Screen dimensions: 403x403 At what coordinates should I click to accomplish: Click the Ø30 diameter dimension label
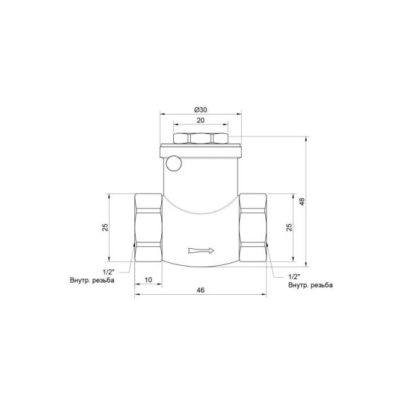pos(200,109)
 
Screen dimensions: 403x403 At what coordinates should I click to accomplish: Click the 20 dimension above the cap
pos(200,121)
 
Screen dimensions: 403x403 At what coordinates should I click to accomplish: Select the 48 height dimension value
pos(302,201)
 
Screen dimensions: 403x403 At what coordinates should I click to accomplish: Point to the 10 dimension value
pos(148,280)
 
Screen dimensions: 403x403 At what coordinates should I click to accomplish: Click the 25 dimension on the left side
pos(105,227)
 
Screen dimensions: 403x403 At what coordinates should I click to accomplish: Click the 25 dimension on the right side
pos(288,227)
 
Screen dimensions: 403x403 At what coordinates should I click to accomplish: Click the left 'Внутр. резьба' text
pos(92,281)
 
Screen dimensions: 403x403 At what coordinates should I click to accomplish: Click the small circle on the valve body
pos(175,165)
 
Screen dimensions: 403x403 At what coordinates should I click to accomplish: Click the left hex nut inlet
pos(148,227)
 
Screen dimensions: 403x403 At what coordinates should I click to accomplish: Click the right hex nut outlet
pos(254,227)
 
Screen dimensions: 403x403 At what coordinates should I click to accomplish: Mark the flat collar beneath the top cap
pos(201,151)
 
